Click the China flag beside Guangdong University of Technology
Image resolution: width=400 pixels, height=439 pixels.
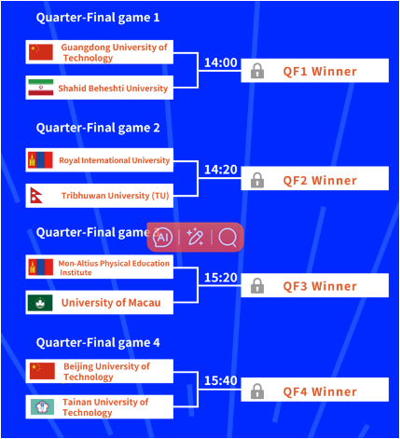(x=41, y=52)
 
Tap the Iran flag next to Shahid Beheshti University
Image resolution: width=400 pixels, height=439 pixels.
(x=41, y=88)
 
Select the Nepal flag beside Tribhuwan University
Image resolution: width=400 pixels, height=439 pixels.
(x=36, y=196)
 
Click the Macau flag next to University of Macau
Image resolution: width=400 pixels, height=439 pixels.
(x=40, y=303)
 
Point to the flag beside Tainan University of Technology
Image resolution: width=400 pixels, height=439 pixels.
(x=42, y=406)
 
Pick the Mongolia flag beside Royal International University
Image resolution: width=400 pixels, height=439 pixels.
(x=40, y=160)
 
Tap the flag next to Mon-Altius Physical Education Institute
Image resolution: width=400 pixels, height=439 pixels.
(x=40, y=268)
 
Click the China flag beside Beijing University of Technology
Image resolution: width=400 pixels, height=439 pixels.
(x=42, y=371)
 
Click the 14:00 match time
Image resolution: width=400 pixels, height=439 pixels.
(x=221, y=62)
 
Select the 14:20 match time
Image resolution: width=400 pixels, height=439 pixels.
(x=221, y=170)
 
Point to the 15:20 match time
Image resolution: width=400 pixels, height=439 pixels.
(x=221, y=278)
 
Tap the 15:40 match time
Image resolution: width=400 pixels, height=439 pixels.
(x=221, y=380)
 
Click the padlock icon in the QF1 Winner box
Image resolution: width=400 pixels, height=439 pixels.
(x=257, y=71)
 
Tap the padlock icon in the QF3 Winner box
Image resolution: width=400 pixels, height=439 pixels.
(x=257, y=285)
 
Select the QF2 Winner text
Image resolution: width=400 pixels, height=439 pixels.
(x=320, y=181)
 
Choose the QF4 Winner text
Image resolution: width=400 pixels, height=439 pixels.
(x=320, y=392)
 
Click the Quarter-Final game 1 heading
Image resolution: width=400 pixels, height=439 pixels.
(x=98, y=18)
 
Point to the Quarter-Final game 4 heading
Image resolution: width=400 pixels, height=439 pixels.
(x=98, y=343)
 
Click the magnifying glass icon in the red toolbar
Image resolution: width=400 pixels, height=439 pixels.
(x=228, y=238)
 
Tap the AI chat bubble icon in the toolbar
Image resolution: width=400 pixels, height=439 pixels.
(x=162, y=238)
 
